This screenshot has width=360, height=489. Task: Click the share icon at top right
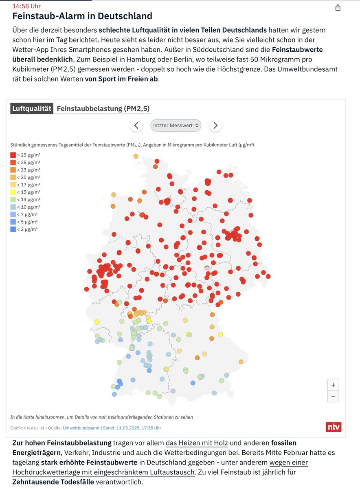point(338,8)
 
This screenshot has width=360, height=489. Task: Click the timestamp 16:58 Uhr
point(26,6)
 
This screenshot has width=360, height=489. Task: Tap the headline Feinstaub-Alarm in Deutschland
point(82,16)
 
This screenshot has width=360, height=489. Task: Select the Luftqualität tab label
point(32,108)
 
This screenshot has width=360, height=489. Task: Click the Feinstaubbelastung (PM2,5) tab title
point(103,108)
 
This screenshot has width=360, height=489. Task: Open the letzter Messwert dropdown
point(176,126)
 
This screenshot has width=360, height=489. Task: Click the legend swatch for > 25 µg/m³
point(13,155)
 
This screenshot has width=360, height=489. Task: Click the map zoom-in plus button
point(333,385)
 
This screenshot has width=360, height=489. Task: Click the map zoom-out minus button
point(333,396)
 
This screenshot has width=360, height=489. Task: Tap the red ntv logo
point(334,427)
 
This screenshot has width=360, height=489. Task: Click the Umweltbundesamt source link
point(81,428)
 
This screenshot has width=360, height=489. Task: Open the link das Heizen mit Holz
point(197,443)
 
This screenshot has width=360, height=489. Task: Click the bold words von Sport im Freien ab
point(121,79)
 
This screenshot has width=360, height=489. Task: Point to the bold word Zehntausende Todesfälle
point(53,482)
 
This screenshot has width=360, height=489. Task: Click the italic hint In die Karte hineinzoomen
point(101,417)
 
